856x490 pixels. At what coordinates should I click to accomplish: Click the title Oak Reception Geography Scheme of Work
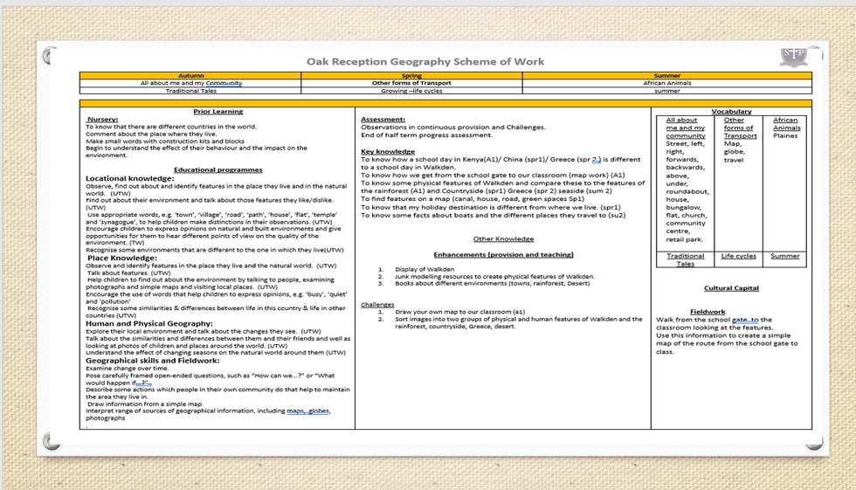pos(425,61)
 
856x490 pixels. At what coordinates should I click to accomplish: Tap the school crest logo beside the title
pos(793,58)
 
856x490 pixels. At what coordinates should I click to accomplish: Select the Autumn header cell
pos(190,76)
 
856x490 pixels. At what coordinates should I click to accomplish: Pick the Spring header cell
pos(411,76)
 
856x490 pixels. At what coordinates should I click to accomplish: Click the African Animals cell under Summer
pos(666,83)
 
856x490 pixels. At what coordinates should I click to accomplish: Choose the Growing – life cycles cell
pos(411,91)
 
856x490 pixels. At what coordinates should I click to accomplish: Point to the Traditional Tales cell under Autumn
pos(190,91)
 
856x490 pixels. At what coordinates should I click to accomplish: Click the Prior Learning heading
pos(217,112)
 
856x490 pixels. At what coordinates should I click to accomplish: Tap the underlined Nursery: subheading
pos(103,120)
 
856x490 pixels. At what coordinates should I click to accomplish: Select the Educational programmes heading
pos(217,169)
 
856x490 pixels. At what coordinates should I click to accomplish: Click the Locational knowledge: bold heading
pos(130,177)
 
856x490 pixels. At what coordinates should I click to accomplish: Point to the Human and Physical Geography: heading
pos(149,323)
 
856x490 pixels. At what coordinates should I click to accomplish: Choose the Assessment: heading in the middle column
pos(383,119)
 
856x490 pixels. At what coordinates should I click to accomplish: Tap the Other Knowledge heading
pos(503,238)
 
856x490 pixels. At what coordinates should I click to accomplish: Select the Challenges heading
pos(377,305)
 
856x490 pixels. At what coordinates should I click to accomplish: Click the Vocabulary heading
pos(731,112)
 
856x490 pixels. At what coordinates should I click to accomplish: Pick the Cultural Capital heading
pos(731,287)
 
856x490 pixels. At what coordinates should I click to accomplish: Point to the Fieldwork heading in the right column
pos(707,312)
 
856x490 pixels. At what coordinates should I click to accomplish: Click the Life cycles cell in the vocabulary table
pos(739,257)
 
